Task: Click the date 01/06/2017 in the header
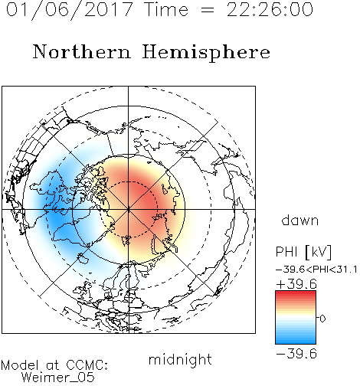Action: [x=69, y=10]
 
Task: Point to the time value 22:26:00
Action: [x=270, y=9]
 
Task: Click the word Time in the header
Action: [x=166, y=9]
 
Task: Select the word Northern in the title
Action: [x=82, y=51]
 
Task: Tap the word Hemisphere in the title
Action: [x=206, y=53]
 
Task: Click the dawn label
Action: [x=300, y=220]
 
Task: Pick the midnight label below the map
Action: [x=180, y=360]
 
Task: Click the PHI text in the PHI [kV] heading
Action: [x=286, y=252]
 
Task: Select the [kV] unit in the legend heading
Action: [x=318, y=252]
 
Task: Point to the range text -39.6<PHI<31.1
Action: [x=316, y=270]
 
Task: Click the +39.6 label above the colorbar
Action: [x=296, y=284]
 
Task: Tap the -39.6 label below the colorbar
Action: [x=296, y=354]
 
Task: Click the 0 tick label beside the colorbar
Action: [x=322, y=319]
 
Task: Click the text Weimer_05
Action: [x=58, y=378]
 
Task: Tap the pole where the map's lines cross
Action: [x=129, y=209]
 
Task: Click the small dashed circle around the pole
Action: [x=129, y=181]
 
